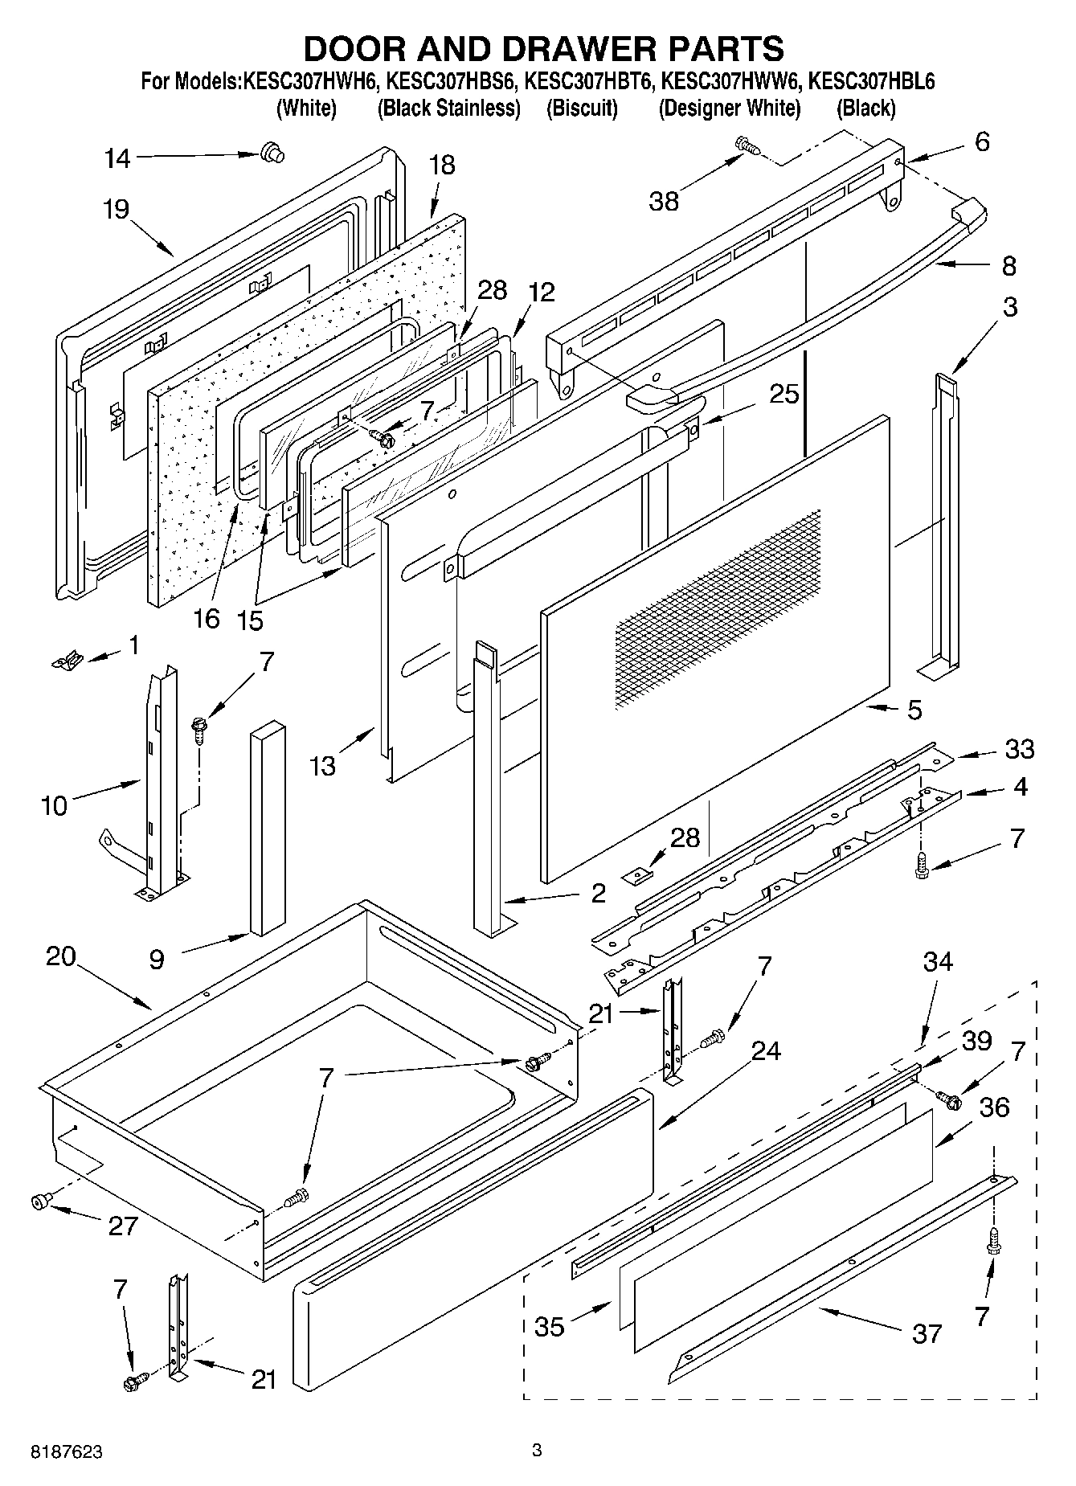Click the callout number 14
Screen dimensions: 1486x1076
tap(117, 158)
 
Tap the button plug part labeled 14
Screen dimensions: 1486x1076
tap(273, 153)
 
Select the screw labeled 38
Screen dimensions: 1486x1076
tap(747, 145)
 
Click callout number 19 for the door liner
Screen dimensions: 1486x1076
tap(116, 210)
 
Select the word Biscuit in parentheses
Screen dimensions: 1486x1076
tap(582, 108)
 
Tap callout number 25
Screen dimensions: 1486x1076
tap(783, 394)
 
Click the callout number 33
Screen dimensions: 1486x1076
tap(1019, 749)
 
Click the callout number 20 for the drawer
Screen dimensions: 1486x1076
tap(60, 956)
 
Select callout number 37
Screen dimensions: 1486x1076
tap(927, 1334)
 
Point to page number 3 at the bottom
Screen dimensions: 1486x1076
tap(537, 1451)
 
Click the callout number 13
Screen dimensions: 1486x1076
tap(323, 766)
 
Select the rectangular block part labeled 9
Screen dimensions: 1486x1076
tap(268, 828)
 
